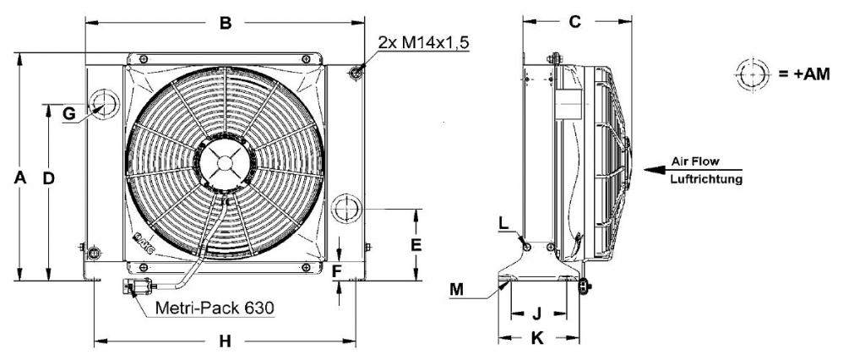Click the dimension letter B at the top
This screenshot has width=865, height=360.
click(x=225, y=23)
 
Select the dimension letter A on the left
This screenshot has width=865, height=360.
click(x=20, y=177)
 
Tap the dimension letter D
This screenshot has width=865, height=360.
click(x=48, y=177)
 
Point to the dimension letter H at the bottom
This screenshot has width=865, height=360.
click(x=225, y=341)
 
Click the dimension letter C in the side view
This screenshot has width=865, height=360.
click(x=574, y=21)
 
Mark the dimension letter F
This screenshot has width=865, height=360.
click(x=338, y=271)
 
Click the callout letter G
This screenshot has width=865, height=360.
click(x=69, y=114)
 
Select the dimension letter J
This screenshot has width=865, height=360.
click(x=536, y=314)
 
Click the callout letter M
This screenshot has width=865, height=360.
click(x=457, y=289)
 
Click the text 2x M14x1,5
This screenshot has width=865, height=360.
click(x=424, y=42)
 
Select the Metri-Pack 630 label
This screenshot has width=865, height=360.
click(x=215, y=308)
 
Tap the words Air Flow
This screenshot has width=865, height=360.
click(x=695, y=161)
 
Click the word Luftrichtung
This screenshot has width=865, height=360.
click(x=706, y=179)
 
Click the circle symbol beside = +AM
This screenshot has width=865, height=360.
click(x=753, y=74)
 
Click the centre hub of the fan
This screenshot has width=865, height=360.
click(x=225, y=163)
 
